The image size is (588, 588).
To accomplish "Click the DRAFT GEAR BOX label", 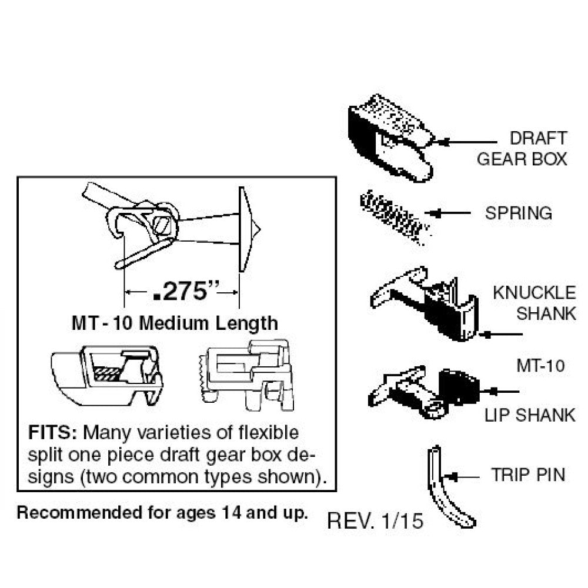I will click(x=522, y=149).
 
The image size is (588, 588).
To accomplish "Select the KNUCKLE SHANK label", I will click(x=534, y=303).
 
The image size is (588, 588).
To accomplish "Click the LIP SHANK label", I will click(x=530, y=415).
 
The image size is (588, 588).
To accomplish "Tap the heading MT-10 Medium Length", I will click(x=174, y=323).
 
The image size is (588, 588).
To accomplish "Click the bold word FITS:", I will click(x=53, y=434).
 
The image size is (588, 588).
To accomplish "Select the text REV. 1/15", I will click(x=375, y=520).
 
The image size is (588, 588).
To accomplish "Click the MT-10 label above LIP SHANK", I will click(x=541, y=366).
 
